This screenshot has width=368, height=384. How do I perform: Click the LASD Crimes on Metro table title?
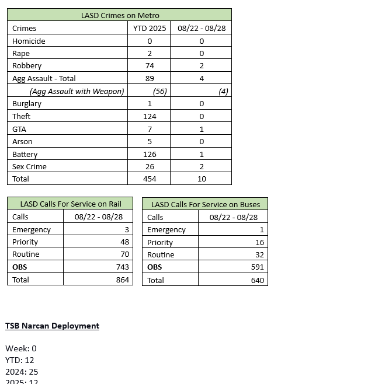coord(120,15)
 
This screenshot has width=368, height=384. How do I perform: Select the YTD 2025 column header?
coord(150,28)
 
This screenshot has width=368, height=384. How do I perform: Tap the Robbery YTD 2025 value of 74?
coord(150,66)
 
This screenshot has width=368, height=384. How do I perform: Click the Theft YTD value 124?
coord(150,116)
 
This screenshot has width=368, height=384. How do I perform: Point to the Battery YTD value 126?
coord(150,154)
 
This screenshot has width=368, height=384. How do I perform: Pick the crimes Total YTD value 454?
coord(150,179)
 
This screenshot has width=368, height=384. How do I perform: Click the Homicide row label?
coord(29,41)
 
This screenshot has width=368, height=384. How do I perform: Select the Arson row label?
coord(22,141)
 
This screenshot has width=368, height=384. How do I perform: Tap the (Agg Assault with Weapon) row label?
coord(77,91)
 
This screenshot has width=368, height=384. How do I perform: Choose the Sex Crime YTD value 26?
coord(150,166)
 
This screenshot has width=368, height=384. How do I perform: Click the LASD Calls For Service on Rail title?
coord(71,204)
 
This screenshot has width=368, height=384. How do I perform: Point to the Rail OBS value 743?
coord(122,267)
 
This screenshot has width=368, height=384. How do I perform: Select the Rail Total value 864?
coord(122,280)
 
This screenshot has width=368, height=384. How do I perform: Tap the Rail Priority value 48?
coord(124,242)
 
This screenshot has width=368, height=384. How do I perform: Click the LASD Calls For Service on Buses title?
coord(205,204)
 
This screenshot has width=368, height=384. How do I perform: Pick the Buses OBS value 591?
coord(257,267)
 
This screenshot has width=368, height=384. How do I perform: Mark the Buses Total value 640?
coord(257,280)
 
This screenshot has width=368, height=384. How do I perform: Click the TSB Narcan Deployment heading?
coord(52,326)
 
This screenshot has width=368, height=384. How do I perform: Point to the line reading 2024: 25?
coord(22,371)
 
